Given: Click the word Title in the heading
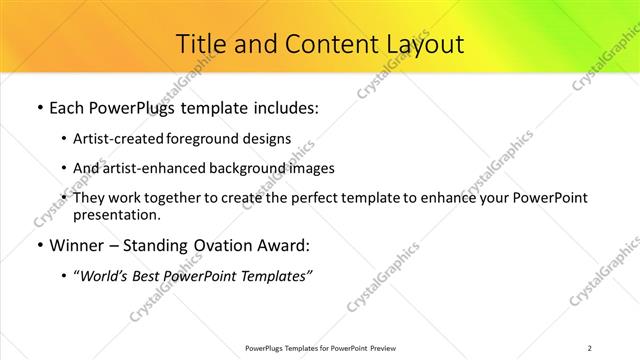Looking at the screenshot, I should [x=199, y=44].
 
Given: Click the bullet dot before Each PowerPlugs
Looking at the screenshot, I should [x=39, y=107].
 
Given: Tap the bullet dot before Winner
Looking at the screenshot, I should [x=39, y=245].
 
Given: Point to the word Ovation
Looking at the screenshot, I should [x=225, y=245].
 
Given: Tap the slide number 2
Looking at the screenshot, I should [x=590, y=347].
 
